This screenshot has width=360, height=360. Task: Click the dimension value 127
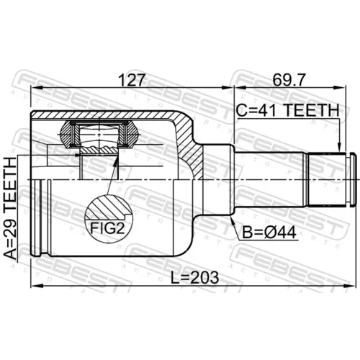coord(132,80)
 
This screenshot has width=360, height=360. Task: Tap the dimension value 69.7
coord(289,80)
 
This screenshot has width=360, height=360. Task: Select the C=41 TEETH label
coord(287,110)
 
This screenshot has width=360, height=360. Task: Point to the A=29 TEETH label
coord(11,208)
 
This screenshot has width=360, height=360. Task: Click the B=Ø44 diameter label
coord(269,233)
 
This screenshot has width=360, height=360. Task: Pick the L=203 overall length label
coord(194,277)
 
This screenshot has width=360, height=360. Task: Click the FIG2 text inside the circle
coord(107,228)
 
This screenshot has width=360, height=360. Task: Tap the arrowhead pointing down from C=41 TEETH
coord(339,148)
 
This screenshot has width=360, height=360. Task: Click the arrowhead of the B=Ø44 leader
coord(232,219)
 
